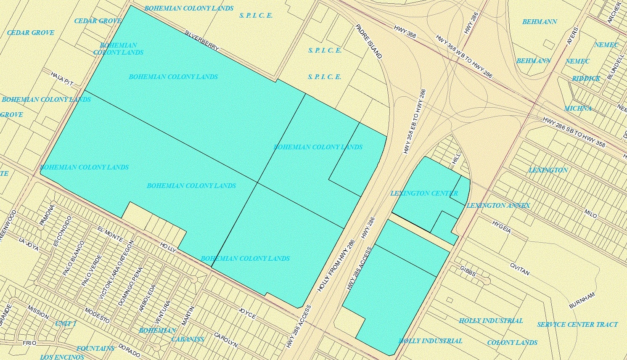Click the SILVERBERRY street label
coord(202,40)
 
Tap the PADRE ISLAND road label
coord(369,41)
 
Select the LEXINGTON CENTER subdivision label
coord(424,193)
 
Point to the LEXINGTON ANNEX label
coord(498,206)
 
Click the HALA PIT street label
coord(62,79)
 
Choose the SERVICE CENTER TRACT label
coord(577,325)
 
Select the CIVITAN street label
coord(519,269)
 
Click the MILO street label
coord(590,213)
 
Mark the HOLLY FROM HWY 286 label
coord(336,266)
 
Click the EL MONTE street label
coord(110,234)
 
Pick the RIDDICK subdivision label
coord(586,79)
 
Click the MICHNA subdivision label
coord(578,109)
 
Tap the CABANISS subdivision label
coord(188,339)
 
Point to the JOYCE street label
coord(247,313)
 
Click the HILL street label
coord(456,158)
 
